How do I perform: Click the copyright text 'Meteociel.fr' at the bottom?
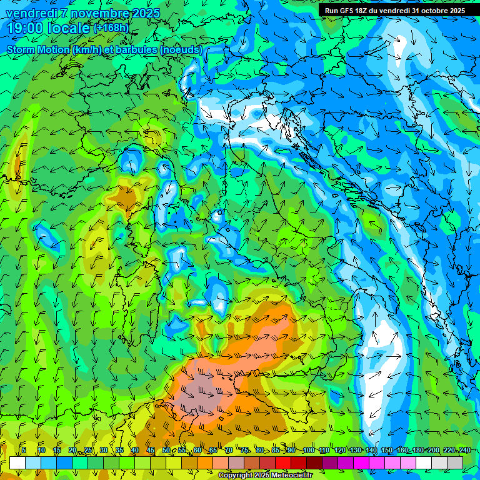[x=291, y=476]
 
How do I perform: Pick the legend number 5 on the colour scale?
[x=24, y=450]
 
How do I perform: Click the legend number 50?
[x=166, y=450]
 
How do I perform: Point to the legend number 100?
[x=308, y=450]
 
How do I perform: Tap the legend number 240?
[x=464, y=450]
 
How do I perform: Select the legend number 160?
[x=402, y=450]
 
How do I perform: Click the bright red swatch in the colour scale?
[x=283, y=462]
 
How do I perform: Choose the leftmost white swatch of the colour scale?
[x=17, y=462]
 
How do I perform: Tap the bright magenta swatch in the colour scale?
[x=361, y=462]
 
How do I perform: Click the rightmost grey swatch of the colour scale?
[x=455, y=462]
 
